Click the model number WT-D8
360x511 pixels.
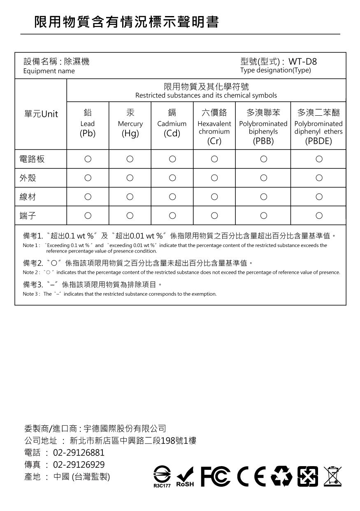coord(302,62)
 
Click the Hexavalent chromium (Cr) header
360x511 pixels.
coord(214,128)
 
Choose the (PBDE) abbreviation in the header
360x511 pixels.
coord(318,141)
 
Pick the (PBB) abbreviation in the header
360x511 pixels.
coord(263,141)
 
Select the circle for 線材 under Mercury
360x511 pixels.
coord(130,197)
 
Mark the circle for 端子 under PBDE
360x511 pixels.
coord(318,216)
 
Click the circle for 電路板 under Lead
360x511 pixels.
coord(88,159)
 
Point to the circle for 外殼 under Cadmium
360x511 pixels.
coord(172,178)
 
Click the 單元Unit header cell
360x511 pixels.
coord(41,114)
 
